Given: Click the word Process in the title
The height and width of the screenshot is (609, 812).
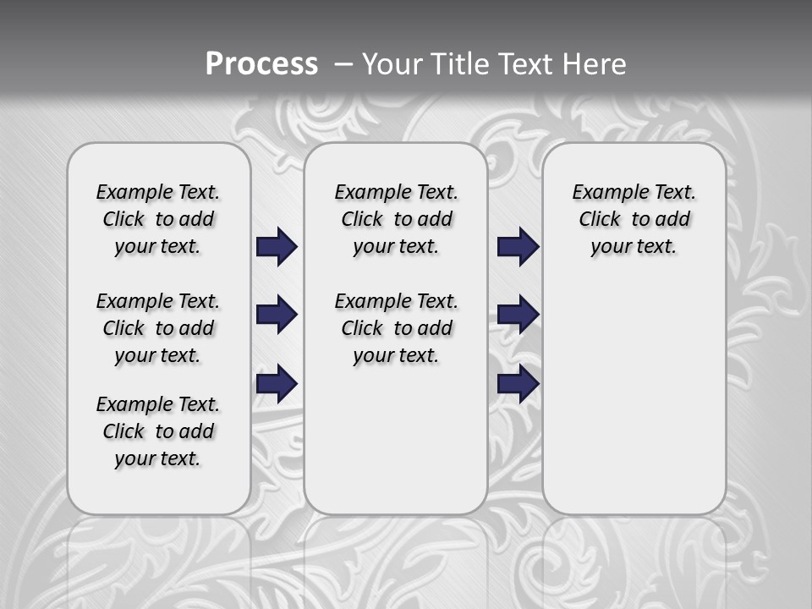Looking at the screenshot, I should (x=261, y=64).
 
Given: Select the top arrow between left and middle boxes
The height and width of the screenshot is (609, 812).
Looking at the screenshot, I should (x=277, y=247).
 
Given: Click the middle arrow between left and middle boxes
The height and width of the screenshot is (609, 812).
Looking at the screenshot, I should (x=277, y=315).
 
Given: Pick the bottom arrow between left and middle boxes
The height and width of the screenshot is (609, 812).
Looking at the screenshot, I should (x=277, y=384).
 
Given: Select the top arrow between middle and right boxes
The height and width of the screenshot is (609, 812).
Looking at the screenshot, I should (x=518, y=247).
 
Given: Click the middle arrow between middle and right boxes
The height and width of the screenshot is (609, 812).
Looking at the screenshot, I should (x=518, y=315).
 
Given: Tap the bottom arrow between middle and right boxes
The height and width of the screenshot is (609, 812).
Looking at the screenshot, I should (x=518, y=384).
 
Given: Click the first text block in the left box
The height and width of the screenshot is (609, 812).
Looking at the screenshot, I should (x=158, y=219).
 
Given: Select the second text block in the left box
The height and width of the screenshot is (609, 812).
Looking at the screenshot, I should (x=158, y=328).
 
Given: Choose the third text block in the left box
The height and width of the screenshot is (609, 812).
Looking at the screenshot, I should (x=158, y=431).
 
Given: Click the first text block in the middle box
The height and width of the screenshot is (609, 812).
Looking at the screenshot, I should (x=396, y=219).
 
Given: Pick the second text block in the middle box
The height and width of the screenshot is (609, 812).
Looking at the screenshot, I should (x=396, y=328).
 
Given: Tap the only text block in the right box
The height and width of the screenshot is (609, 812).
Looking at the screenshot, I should (x=634, y=219).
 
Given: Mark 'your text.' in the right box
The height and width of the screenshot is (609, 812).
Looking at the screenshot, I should (x=634, y=247).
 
